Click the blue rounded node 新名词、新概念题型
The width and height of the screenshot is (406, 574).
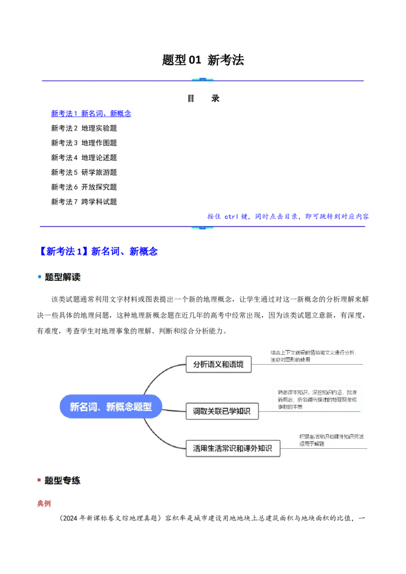click(x=111, y=406)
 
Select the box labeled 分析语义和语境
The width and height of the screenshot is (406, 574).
click(x=219, y=364)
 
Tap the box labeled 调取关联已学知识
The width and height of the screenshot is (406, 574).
click(x=222, y=411)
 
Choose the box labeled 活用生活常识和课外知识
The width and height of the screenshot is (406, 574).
click(x=232, y=448)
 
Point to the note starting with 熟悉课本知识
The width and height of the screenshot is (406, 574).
click(x=317, y=399)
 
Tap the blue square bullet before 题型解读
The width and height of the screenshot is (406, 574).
click(x=40, y=277)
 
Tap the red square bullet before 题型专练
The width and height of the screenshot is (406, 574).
click(x=40, y=480)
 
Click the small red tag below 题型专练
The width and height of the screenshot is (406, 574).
click(x=45, y=504)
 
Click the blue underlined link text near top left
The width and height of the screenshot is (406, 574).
click(x=91, y=114)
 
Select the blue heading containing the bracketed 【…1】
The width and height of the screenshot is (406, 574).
click(x=99, y=252)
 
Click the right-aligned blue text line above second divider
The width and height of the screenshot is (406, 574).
click(x=288, y=217)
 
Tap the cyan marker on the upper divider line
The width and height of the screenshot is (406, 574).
click(x=202, y=80)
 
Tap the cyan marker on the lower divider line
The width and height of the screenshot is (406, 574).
click(x=202, y=227)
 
